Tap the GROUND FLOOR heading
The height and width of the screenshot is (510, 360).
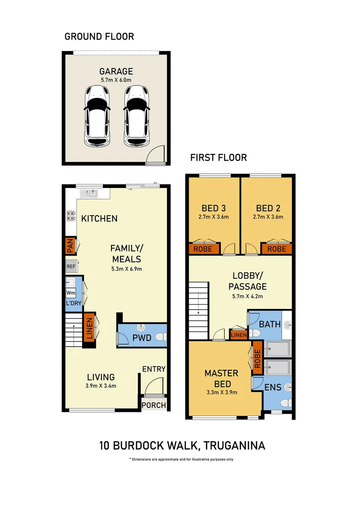click(99, 36)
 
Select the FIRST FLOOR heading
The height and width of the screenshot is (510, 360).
click(218, 158)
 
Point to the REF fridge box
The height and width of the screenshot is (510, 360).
click(71, 266)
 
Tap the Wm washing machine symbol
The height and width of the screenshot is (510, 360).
click(70, 292)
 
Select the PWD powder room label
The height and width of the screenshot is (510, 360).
click(142, 338)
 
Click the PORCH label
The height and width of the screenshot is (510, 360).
click(154, 405)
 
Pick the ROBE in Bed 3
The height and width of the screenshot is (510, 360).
click(204, 248)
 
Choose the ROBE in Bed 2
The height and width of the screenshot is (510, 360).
click(276, 248)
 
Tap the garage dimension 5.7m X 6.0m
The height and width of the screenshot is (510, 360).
click(116, 80)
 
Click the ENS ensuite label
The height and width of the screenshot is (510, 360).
click(273, 388)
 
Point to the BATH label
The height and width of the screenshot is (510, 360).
click(269, 324)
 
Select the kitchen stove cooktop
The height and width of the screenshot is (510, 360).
click(71, 216)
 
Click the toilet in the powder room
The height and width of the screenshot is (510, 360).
click(160, 337)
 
